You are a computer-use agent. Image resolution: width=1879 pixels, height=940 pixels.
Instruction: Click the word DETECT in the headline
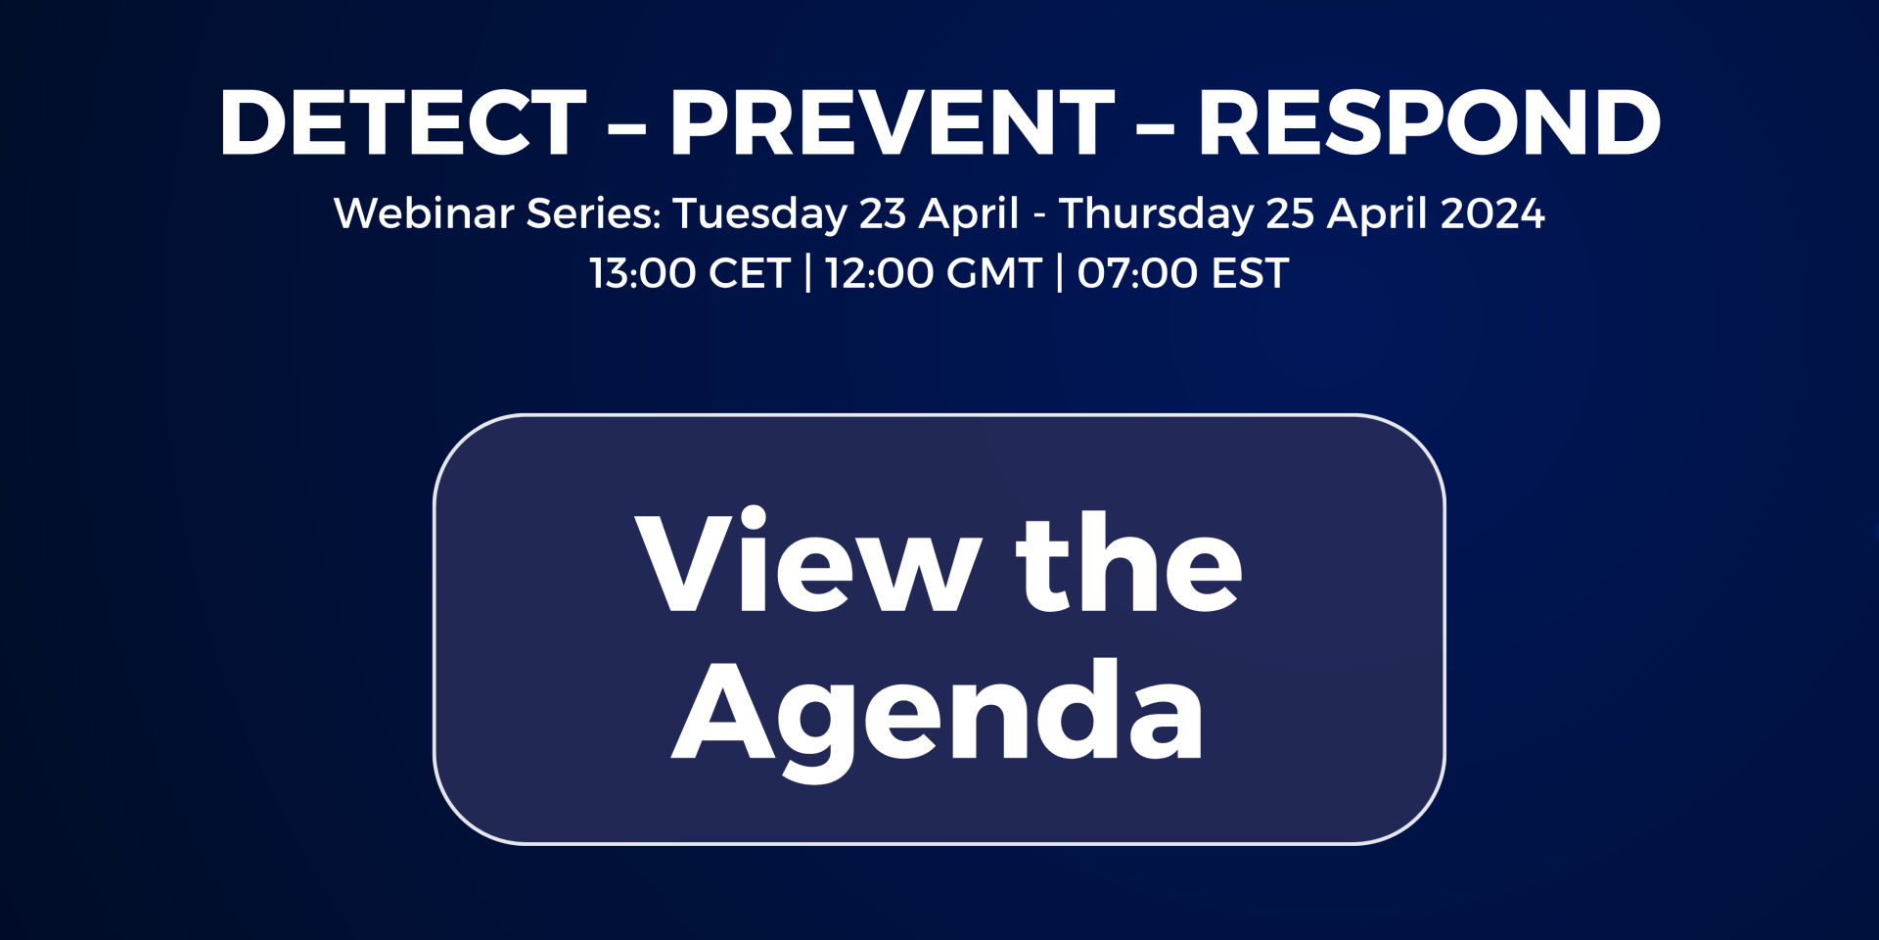pyautogui.click(x=403, y=122)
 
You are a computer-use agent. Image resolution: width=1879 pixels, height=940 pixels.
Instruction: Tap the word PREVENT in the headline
pyautogui.click(x=892, y=122)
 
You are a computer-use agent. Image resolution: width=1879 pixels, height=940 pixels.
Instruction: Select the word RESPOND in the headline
pyautogui.click(x=1430, y=122)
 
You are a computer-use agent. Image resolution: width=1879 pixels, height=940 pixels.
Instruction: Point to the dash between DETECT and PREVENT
pyautogui.click(x=627, y=127)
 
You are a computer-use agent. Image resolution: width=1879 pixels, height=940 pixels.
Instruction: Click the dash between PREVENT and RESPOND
pyautogui.click(x=1156, y=127)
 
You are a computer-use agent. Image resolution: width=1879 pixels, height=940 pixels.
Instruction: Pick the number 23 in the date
pyautogui.click(x=883, y=213)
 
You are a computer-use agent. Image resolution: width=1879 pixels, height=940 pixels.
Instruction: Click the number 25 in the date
pyautogui.click(x=1290, y=213)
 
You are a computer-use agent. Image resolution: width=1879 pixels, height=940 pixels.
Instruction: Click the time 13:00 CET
pyautogui.click(x=690, y=273)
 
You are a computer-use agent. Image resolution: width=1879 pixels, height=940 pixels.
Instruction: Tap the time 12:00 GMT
pyautogui.click(x=934, y=273)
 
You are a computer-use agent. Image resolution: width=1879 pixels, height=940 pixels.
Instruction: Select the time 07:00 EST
pyautogui.click(x=1183, y=273)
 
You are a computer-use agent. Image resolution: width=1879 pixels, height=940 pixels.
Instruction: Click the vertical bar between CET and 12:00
pyautogui.click(x=808, y=273)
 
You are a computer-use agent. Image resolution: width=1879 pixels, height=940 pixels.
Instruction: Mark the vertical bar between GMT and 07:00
pyautogui.click(x=1060, y=273)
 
